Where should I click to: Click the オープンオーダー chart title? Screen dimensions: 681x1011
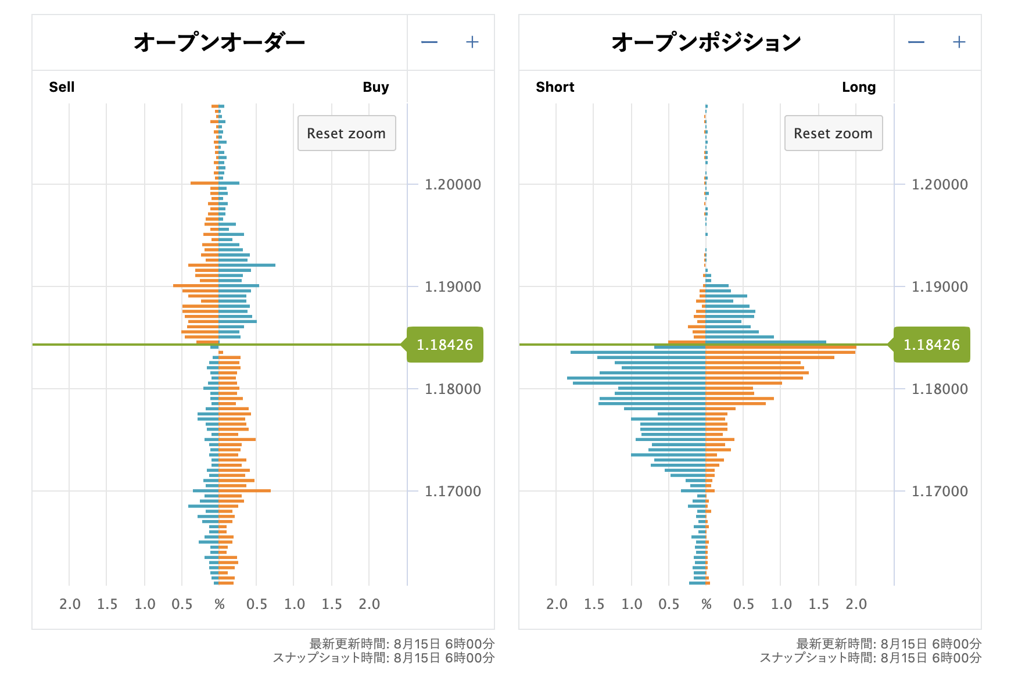219,42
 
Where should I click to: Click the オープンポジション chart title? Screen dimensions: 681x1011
706,42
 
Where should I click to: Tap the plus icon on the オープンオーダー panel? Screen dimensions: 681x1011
472,42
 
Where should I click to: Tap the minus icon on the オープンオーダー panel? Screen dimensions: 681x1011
429,42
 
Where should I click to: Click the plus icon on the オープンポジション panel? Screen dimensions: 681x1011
959,42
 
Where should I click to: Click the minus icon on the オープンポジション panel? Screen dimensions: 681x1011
916,42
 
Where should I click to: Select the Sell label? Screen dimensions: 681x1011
62,87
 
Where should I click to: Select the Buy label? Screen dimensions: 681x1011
375,87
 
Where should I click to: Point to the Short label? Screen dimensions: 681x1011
555,87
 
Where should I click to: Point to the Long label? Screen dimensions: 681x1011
858,87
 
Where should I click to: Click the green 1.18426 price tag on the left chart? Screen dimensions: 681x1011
444,345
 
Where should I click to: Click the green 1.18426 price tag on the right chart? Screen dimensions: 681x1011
931,345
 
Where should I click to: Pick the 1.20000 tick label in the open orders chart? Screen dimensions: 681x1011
453,185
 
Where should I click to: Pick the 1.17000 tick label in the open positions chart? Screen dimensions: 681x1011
940,492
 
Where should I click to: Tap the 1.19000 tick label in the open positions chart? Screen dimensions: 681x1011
940,287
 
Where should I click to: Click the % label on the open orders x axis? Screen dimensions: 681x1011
219,604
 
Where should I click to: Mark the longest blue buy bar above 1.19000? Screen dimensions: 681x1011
247,265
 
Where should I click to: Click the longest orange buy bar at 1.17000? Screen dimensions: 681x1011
245,491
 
